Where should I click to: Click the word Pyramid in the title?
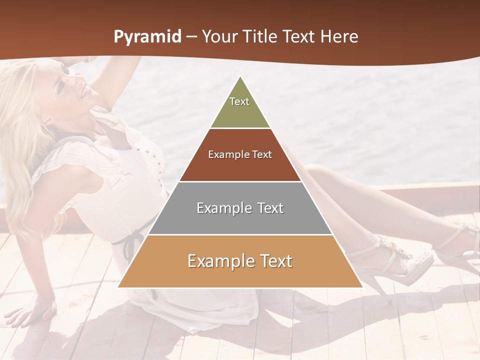[x=147, y=37]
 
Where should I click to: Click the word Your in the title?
[x=218, y=37]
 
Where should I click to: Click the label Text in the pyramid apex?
[x=239, y=101]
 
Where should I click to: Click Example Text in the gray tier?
[x=240, y=208]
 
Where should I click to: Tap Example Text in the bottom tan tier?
[x=240, y=261]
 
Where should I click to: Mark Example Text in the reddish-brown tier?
[x=240, y=154]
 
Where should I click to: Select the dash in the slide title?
[x=191, y=37]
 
